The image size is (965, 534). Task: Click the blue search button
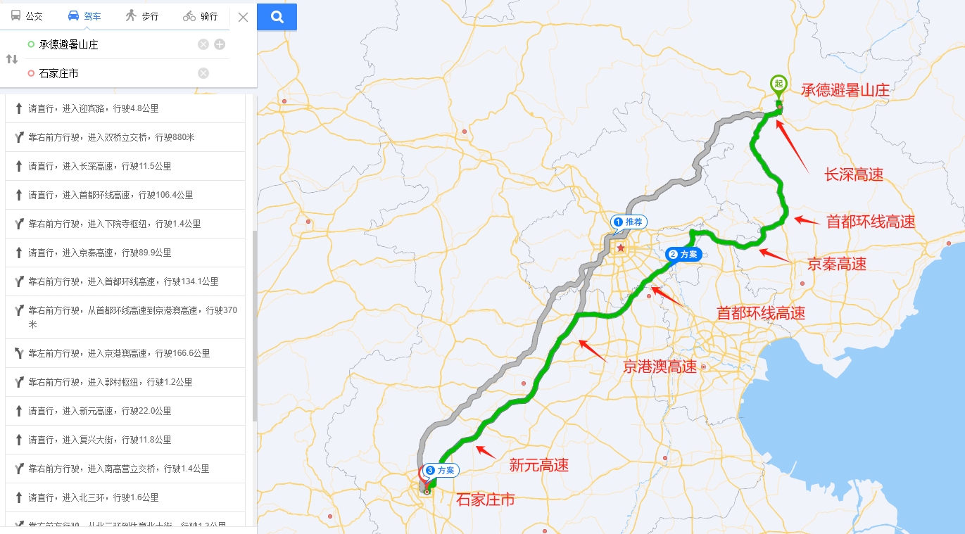(277, 17)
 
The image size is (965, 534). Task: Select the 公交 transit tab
(27, 16)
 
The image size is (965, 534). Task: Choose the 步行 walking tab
(141, 16)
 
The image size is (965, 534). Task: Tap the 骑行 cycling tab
(201, 16)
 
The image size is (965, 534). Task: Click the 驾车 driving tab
(84, 16)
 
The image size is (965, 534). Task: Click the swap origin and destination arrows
(12, 59)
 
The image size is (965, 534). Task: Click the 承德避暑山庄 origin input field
(113, 44)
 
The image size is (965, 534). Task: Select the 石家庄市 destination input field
(113, 73)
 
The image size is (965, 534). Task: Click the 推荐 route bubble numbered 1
(629, 222)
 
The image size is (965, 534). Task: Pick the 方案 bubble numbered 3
(441, 470)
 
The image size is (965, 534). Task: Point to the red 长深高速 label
(853, 175)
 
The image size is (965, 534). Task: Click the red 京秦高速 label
(836, 265)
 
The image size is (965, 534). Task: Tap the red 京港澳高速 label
(660, 367)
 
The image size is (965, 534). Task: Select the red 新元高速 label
(538, 465)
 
